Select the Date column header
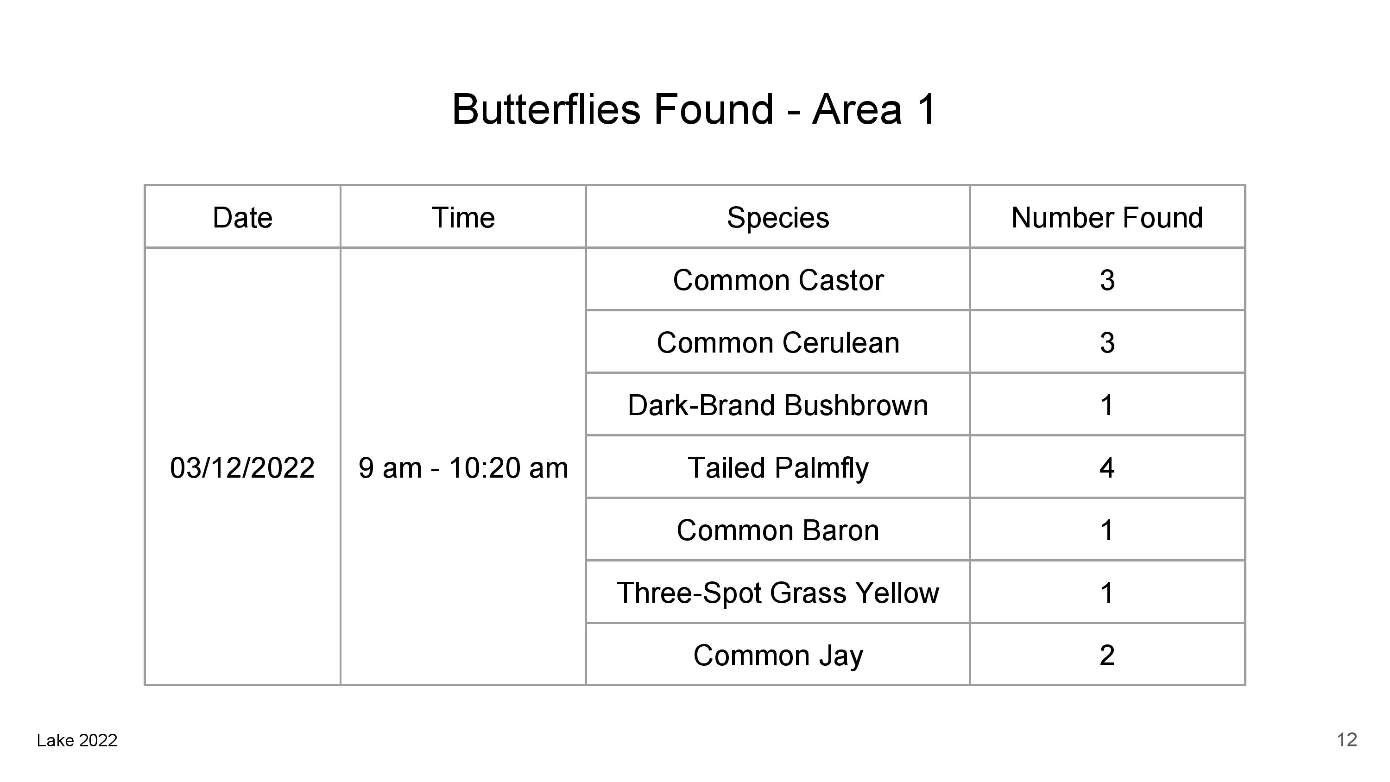(242, 217)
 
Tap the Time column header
(463, 217)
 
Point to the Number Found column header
(1107, 217)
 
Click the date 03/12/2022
(242, 467)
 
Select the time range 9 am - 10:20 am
(463, 467)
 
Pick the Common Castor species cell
(778, 280)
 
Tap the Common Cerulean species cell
(778, 343)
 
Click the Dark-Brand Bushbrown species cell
(778, 405)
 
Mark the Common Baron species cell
(778, 530)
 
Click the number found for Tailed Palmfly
(1107, 467)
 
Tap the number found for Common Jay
(1107, 655)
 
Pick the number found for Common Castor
(1107, 280)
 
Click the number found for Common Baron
(1107, 530)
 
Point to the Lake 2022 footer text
(77, 740)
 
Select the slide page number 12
(1347, 740)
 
